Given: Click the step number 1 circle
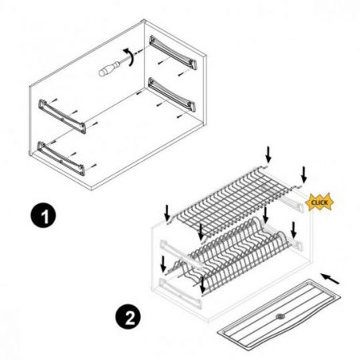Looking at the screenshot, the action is (43, 216).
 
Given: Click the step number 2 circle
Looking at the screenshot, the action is (128, 317).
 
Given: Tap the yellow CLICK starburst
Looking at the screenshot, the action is (319, 202).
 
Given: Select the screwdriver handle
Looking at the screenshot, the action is (109, 68).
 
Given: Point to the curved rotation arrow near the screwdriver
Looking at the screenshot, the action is (131, 57).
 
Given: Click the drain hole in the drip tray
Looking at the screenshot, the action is (280, 316).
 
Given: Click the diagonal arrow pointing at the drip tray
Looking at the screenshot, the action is (330, 279).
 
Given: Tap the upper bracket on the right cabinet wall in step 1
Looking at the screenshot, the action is (173, 52).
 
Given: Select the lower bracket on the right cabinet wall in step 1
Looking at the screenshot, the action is (172, 94).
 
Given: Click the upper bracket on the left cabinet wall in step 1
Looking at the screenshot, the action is (63, 116).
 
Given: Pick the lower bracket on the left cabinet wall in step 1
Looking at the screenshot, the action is (61, 158).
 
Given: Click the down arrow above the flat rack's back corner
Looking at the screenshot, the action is (268, 155).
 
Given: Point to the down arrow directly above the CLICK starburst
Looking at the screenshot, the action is (303, 174).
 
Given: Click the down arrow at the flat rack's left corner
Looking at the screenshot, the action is (167, 213).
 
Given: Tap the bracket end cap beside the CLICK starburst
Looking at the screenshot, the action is (301, 206).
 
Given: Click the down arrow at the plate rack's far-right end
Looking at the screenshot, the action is (294, 230).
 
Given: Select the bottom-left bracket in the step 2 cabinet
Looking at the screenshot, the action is (180, 293).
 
